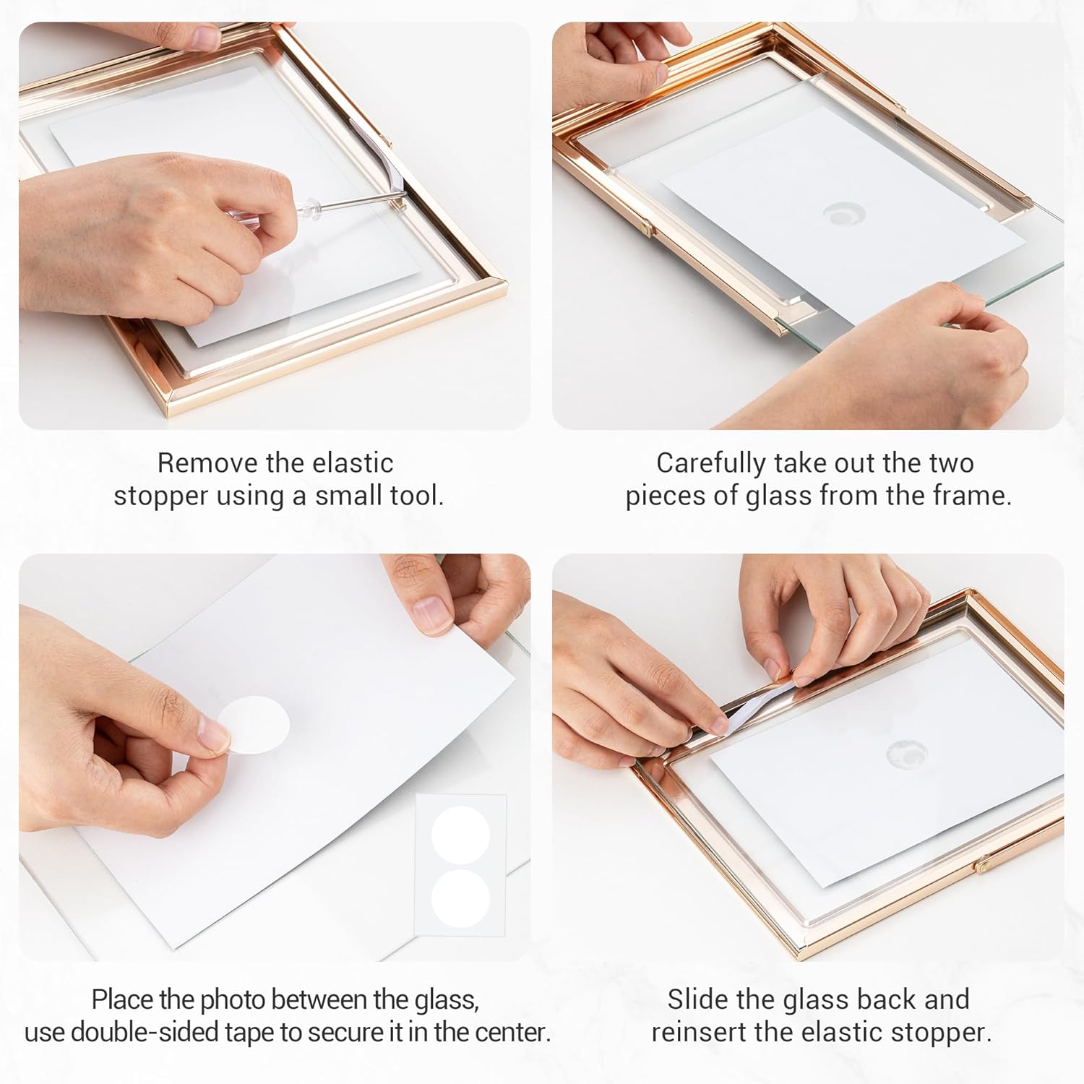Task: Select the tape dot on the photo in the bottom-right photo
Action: coord(907,754)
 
